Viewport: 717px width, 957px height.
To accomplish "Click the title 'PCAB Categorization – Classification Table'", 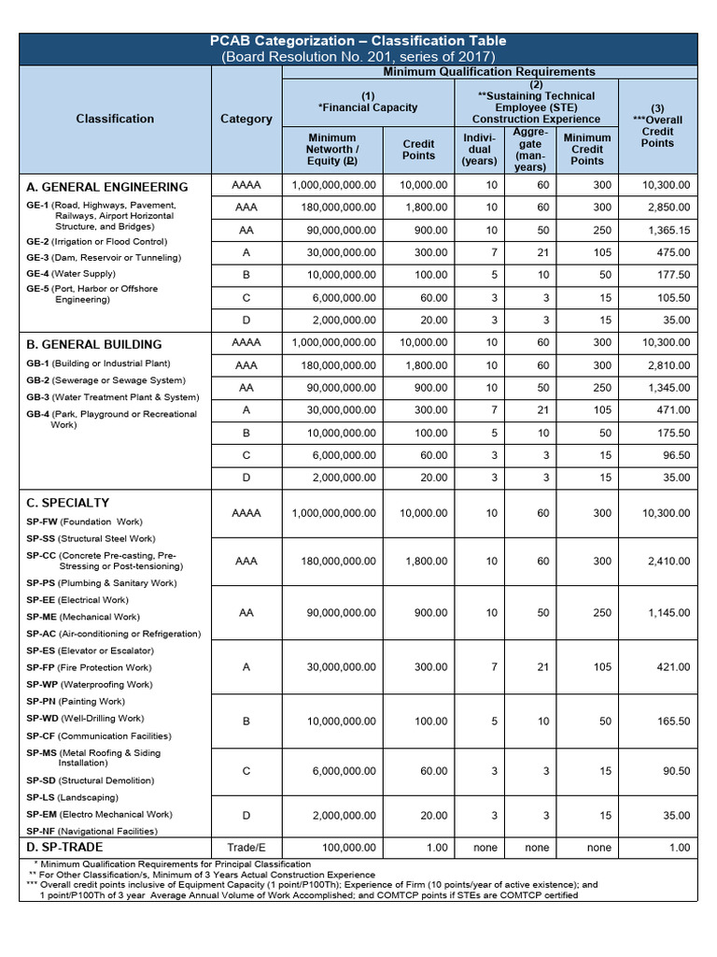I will click(358, 41).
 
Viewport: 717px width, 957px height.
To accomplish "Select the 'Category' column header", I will click(246, 119).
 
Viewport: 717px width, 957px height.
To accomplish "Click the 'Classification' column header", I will click(116, 119).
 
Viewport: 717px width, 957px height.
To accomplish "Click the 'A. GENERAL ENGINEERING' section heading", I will click(107, 187).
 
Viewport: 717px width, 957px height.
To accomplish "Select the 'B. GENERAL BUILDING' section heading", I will click(94, 344).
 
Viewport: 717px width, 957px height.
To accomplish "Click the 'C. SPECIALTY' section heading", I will click(68, 503).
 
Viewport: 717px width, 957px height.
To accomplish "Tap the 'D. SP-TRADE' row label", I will click(64, 848).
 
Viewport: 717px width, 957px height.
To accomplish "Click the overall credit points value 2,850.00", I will click(668, 207).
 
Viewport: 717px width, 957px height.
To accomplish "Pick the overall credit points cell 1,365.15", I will click(668, 230).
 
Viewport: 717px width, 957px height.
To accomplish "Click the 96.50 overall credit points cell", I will click(675, 455).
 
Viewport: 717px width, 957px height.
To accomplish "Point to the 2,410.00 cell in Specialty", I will click(668, 562).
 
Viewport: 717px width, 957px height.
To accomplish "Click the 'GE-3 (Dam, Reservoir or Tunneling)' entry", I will click(104, 257).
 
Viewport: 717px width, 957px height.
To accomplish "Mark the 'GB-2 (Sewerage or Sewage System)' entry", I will click(105, 380).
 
